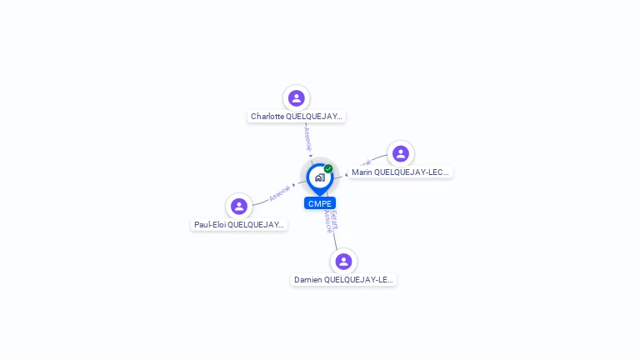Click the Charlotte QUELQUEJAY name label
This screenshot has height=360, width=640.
click(297, 117)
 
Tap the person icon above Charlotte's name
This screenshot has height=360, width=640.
click(297, 98)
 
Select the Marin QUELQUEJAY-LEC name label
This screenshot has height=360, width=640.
click(400, 172)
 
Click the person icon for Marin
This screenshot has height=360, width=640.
click(401, 154)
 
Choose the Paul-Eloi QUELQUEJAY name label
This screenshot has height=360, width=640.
click(239, 225)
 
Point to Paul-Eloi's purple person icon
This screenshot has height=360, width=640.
click(239, 207)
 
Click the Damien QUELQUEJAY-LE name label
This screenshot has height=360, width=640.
click(343, 280)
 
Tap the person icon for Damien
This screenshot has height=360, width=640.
click(343, 262)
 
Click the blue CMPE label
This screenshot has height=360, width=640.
click(320, 203)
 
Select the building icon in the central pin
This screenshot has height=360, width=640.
click(319, 177)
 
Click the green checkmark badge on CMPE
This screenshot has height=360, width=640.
click(328, 169)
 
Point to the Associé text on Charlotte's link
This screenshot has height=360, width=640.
click(307, 138)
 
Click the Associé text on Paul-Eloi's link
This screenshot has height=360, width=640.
click(280, 193)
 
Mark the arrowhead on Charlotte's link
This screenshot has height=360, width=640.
click(311, 156)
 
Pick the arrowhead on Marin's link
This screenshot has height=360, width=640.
click(347, 175)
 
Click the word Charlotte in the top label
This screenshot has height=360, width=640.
click(267, 117)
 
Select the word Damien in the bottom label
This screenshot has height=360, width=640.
click(307, 280)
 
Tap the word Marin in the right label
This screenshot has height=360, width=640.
click(362, 172)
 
